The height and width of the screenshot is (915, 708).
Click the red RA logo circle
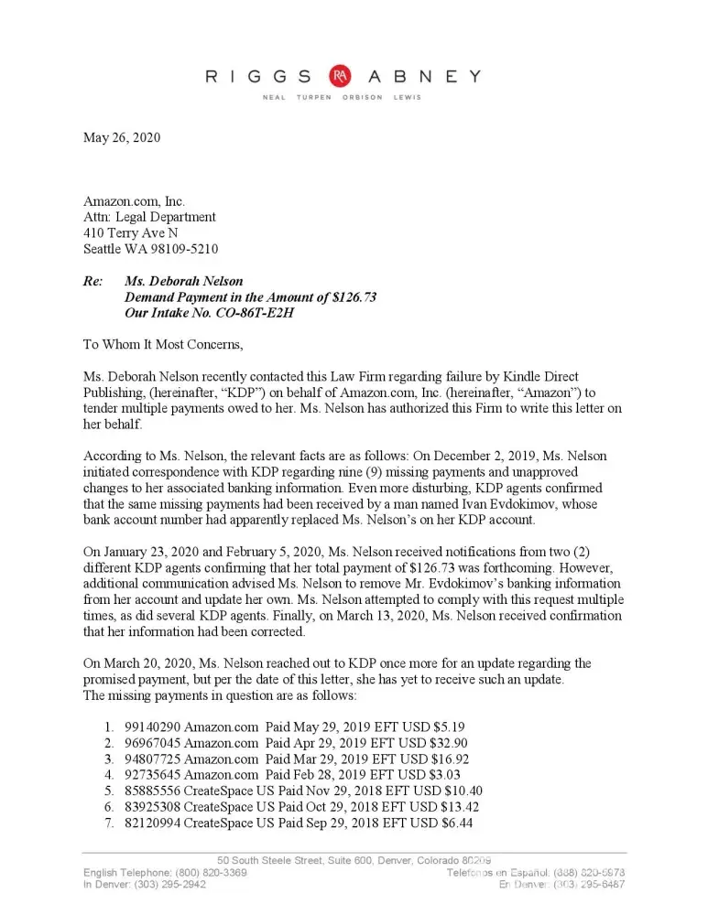341,77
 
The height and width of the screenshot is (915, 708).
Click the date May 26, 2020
122,138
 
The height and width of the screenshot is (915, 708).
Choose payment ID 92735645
153,775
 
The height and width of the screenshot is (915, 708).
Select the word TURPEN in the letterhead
314,98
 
